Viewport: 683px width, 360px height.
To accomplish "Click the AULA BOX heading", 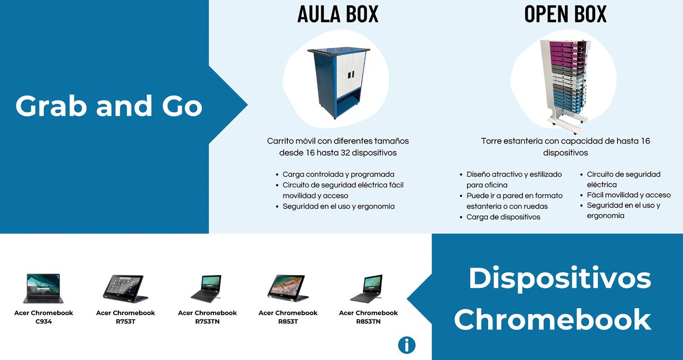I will point(338,14).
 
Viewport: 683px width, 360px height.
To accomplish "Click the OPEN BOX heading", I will point(565,14).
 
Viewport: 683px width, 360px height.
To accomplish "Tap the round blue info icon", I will point(407,345).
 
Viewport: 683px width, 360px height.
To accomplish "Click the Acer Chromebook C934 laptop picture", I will point(43,288).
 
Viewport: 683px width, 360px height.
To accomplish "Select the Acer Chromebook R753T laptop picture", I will point(124,288).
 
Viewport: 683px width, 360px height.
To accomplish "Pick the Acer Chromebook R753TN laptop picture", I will point(206,288).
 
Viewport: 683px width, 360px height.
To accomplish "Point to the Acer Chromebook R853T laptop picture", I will point(287,288).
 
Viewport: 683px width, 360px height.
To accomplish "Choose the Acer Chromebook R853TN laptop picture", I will point(367,288).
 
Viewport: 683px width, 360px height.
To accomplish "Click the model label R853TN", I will point(368,321).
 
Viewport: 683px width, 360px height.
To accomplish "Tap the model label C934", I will point(43,321).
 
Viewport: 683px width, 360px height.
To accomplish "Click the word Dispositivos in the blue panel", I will point(559,278).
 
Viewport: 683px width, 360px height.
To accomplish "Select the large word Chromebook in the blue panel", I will point(552,319).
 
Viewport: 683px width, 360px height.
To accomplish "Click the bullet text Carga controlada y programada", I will point(338,174).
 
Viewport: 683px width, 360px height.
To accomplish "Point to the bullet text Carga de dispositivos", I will point(503,217).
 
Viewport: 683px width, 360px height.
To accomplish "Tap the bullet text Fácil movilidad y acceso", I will point(629,195).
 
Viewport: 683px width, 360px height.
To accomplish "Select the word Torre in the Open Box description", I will point(492,141).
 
